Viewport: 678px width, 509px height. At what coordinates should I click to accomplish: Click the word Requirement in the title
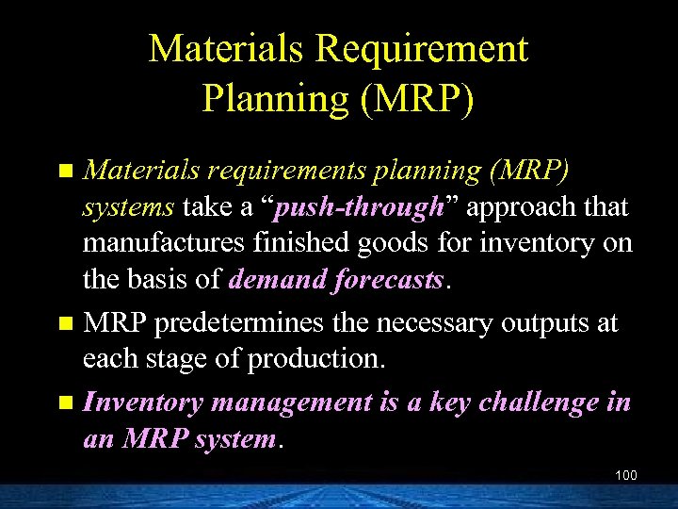coord(432,49)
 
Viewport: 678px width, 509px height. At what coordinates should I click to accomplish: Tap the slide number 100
coord(625,475)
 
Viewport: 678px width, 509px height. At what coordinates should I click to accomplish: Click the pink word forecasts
coord(390,280)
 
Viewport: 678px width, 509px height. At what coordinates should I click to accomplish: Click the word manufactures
coord(165,243)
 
